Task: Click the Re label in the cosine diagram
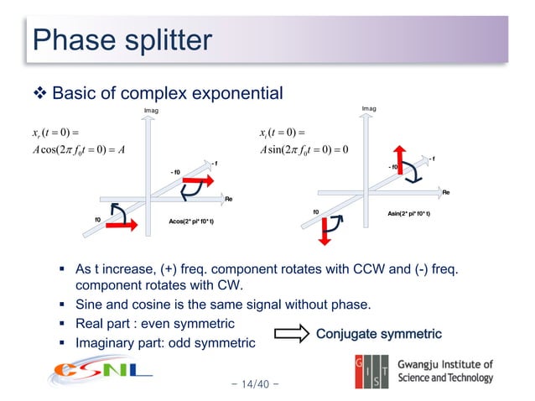click(228, 199)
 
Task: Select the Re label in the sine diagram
click(446, 192)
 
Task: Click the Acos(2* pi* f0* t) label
click(191, 221)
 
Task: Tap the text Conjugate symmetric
click(378, 335)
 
